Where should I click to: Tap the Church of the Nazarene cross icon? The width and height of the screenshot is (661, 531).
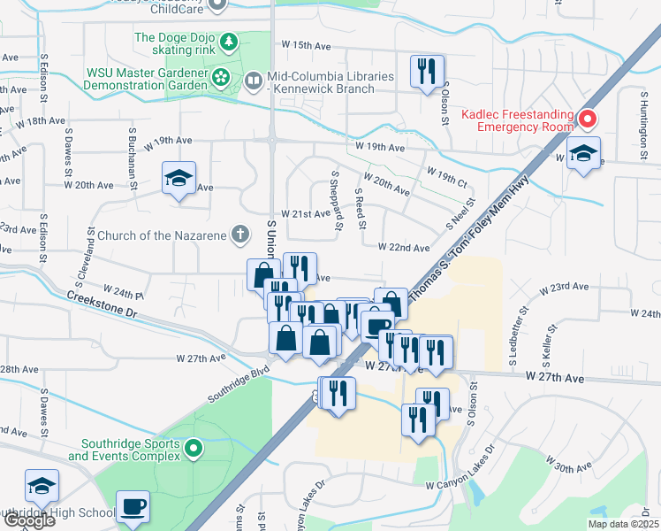click(238, 235)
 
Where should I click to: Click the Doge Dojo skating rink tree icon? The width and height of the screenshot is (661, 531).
click(229, 42)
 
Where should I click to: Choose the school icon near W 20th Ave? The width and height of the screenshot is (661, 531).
click(179, 178)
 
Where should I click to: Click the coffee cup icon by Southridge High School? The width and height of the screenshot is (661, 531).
click(133, 506)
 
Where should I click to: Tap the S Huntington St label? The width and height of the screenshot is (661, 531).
click(642, 132)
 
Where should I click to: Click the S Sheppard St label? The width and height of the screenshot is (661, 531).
click(337, 201)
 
